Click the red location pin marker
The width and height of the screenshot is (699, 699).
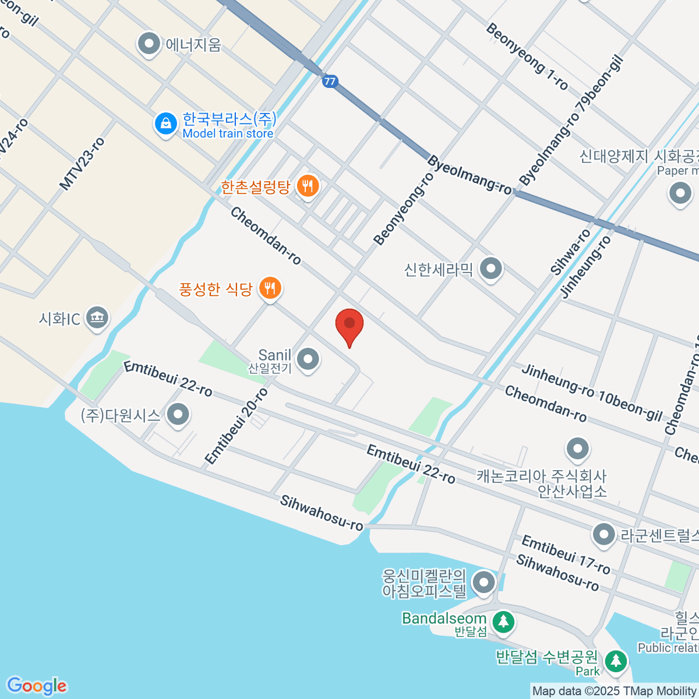(x=349, y=325)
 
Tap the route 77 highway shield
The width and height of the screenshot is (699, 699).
(x=330, y=81)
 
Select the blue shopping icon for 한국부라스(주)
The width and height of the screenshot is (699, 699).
(x=166, y=124)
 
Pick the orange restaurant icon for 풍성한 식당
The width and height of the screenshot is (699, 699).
(x=270, y=288)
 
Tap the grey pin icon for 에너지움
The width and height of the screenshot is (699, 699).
(x=150, y=44)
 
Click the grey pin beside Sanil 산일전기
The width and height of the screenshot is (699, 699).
(x=308, y=359)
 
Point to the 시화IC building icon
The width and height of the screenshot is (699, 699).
(x=97, y=318)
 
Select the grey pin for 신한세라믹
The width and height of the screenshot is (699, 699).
(x=490, y=269)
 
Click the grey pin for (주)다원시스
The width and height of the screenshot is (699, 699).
(x=178, y=415)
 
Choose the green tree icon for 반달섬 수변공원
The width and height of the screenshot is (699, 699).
(x=616, y=661)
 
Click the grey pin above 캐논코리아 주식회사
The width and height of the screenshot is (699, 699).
(x=578, y=449)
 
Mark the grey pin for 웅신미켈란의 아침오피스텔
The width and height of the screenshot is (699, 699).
(x=483, y=582)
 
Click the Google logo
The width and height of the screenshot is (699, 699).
(x=37, y=686)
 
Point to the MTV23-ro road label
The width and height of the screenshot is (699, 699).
(x=82, y=164)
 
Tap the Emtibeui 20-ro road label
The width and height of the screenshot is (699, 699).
(x=236, y=426)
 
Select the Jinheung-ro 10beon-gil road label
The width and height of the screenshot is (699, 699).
(x=592, y=393)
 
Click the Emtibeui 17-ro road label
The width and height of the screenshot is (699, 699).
(x=566, y=555)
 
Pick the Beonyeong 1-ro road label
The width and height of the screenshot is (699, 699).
(x=527, y=57)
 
